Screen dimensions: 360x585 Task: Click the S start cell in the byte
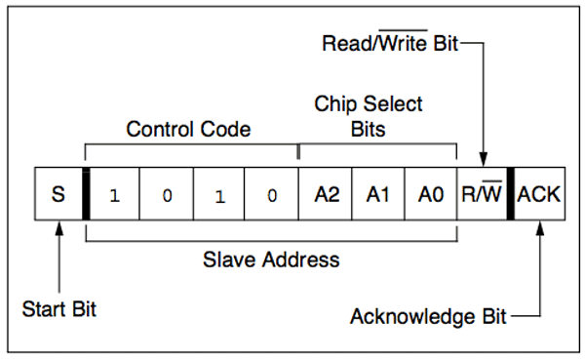pyautogui.click(x=58, y=195)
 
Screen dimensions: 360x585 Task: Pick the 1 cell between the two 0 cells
pyautogui.click(x=218, y=195)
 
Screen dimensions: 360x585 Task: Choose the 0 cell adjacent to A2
pyautogui.click(x=271, y=195)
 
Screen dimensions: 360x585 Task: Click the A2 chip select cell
pyautogui.click(x=326, y=195)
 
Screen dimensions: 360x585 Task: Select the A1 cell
pyautogui.click(x=378, y=195)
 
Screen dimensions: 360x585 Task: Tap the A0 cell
pyautogui.click(x=431, y=195)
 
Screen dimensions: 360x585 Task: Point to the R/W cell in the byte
pyautogui.click(x=482, y=195)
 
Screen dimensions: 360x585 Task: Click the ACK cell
pyautogui.click(x=538, y=195)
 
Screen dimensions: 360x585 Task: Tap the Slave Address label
pyautogui.click(x=271, y=260)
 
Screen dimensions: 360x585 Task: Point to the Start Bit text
pyautogui.click(x=58, y=310)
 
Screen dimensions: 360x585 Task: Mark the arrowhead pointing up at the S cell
pyautogui.click(x=58, y=227)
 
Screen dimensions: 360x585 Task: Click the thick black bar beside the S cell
pyautogui.click(x=86, y=195)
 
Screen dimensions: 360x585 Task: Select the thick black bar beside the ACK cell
pyautogui.click(x=510, y=195)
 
